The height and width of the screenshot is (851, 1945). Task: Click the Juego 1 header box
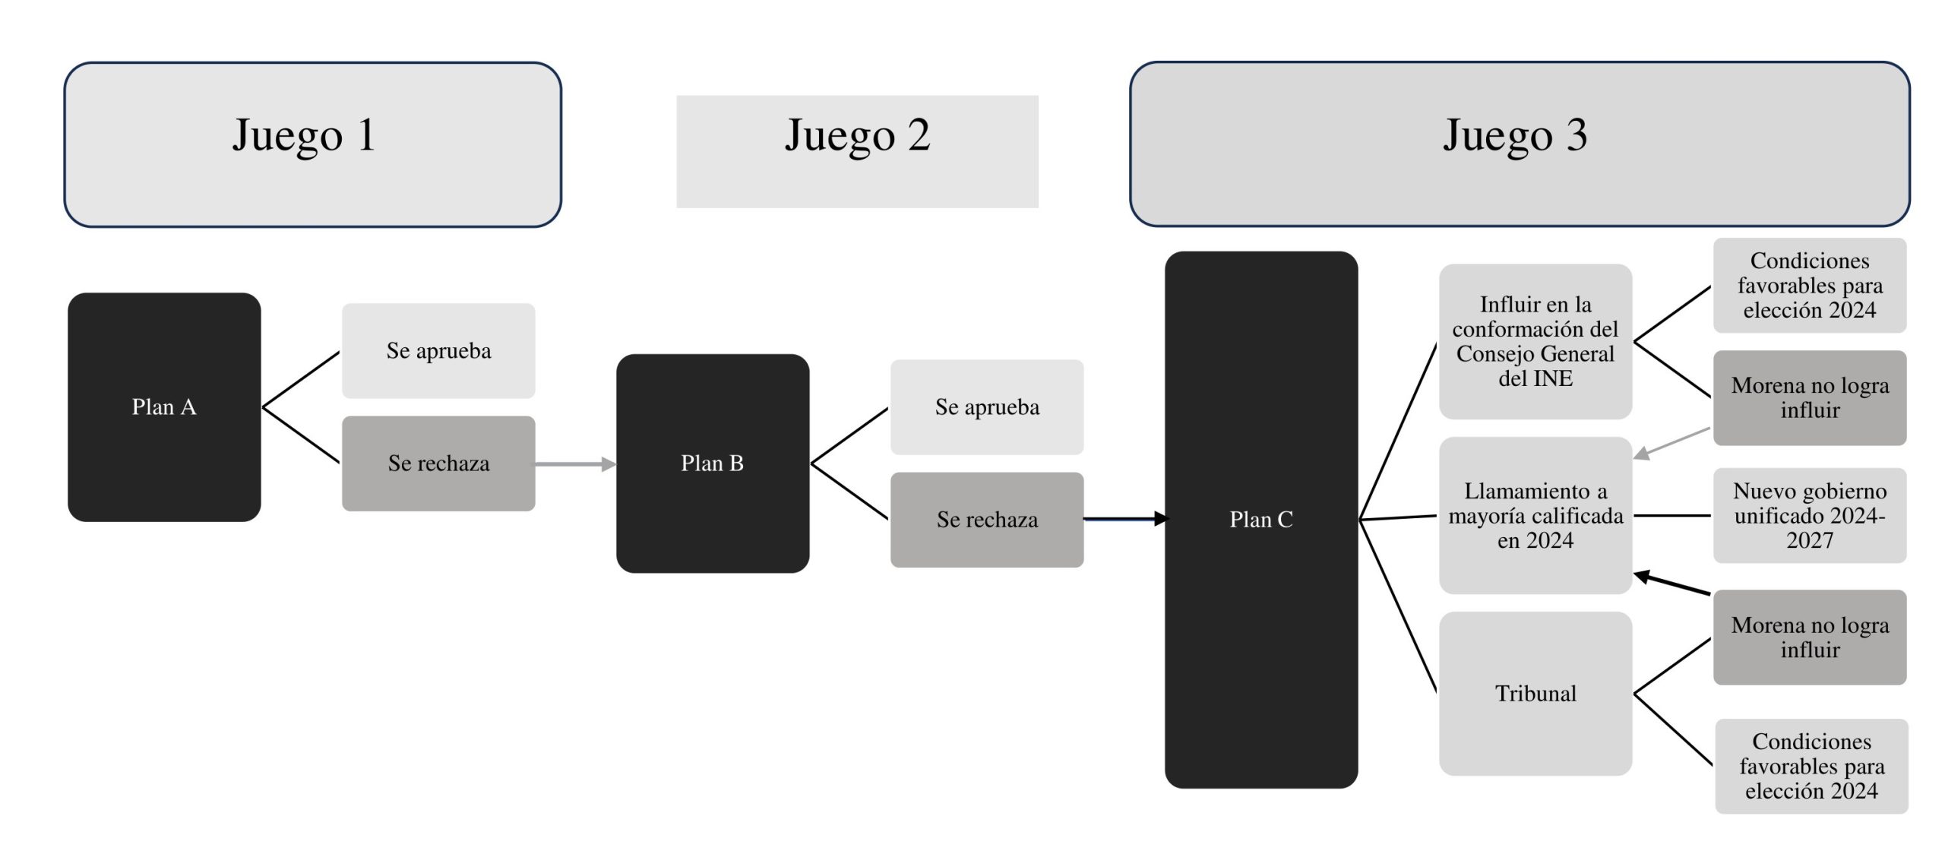pos(312,144)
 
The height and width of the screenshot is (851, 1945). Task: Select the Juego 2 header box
pos(857,151)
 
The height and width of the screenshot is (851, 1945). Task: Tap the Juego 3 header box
pos(1519,144)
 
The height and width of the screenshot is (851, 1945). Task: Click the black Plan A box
pos(164,407)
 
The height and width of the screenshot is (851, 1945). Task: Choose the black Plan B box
pos(713,463)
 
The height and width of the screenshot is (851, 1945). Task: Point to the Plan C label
pos(1261,520)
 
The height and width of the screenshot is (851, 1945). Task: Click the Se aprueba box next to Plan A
pos(438,351)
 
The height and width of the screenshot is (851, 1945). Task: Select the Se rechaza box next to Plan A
pos(438,463)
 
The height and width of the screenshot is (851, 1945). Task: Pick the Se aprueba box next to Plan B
pos(987,407)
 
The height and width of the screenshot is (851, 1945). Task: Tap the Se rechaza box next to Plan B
pos(987,520)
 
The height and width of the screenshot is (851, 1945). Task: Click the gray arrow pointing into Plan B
pos(575,463)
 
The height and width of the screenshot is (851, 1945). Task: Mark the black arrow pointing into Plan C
pos(1124,519)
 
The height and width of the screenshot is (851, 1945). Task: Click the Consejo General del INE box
pos(1535,341)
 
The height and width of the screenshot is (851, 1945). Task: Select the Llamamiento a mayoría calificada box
pos(1535,515)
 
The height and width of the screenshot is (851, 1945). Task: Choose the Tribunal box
pos(1535,694)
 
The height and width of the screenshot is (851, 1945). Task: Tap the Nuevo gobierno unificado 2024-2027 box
pos(1810,515)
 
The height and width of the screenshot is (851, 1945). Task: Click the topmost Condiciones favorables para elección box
pos(1810,286)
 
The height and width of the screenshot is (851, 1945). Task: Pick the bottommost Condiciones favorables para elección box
pos(1811,766)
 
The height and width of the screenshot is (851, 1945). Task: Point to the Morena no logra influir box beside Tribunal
pos(1810,637)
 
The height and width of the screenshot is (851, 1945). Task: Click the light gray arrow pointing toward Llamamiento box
pos(1671,443)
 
